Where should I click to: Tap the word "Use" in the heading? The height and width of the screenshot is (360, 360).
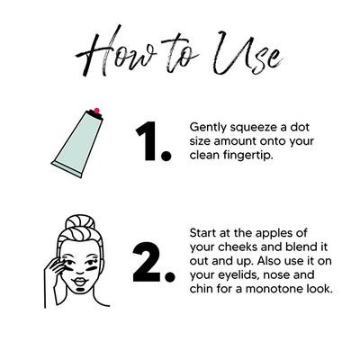248,53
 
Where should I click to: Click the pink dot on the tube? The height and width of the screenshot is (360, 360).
96,111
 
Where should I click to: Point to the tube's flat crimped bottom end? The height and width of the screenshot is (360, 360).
67,169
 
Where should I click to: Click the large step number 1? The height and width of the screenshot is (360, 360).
153,141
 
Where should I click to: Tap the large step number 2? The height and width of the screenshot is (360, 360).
153,263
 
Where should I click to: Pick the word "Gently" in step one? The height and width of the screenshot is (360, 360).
208,128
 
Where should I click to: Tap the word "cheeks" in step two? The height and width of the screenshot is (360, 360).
237,247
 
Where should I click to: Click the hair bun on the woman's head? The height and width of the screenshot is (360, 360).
80,222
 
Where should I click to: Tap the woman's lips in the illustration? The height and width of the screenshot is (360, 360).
80,282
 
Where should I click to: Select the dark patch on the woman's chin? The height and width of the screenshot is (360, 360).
80,291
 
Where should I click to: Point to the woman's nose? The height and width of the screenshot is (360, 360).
80,269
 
